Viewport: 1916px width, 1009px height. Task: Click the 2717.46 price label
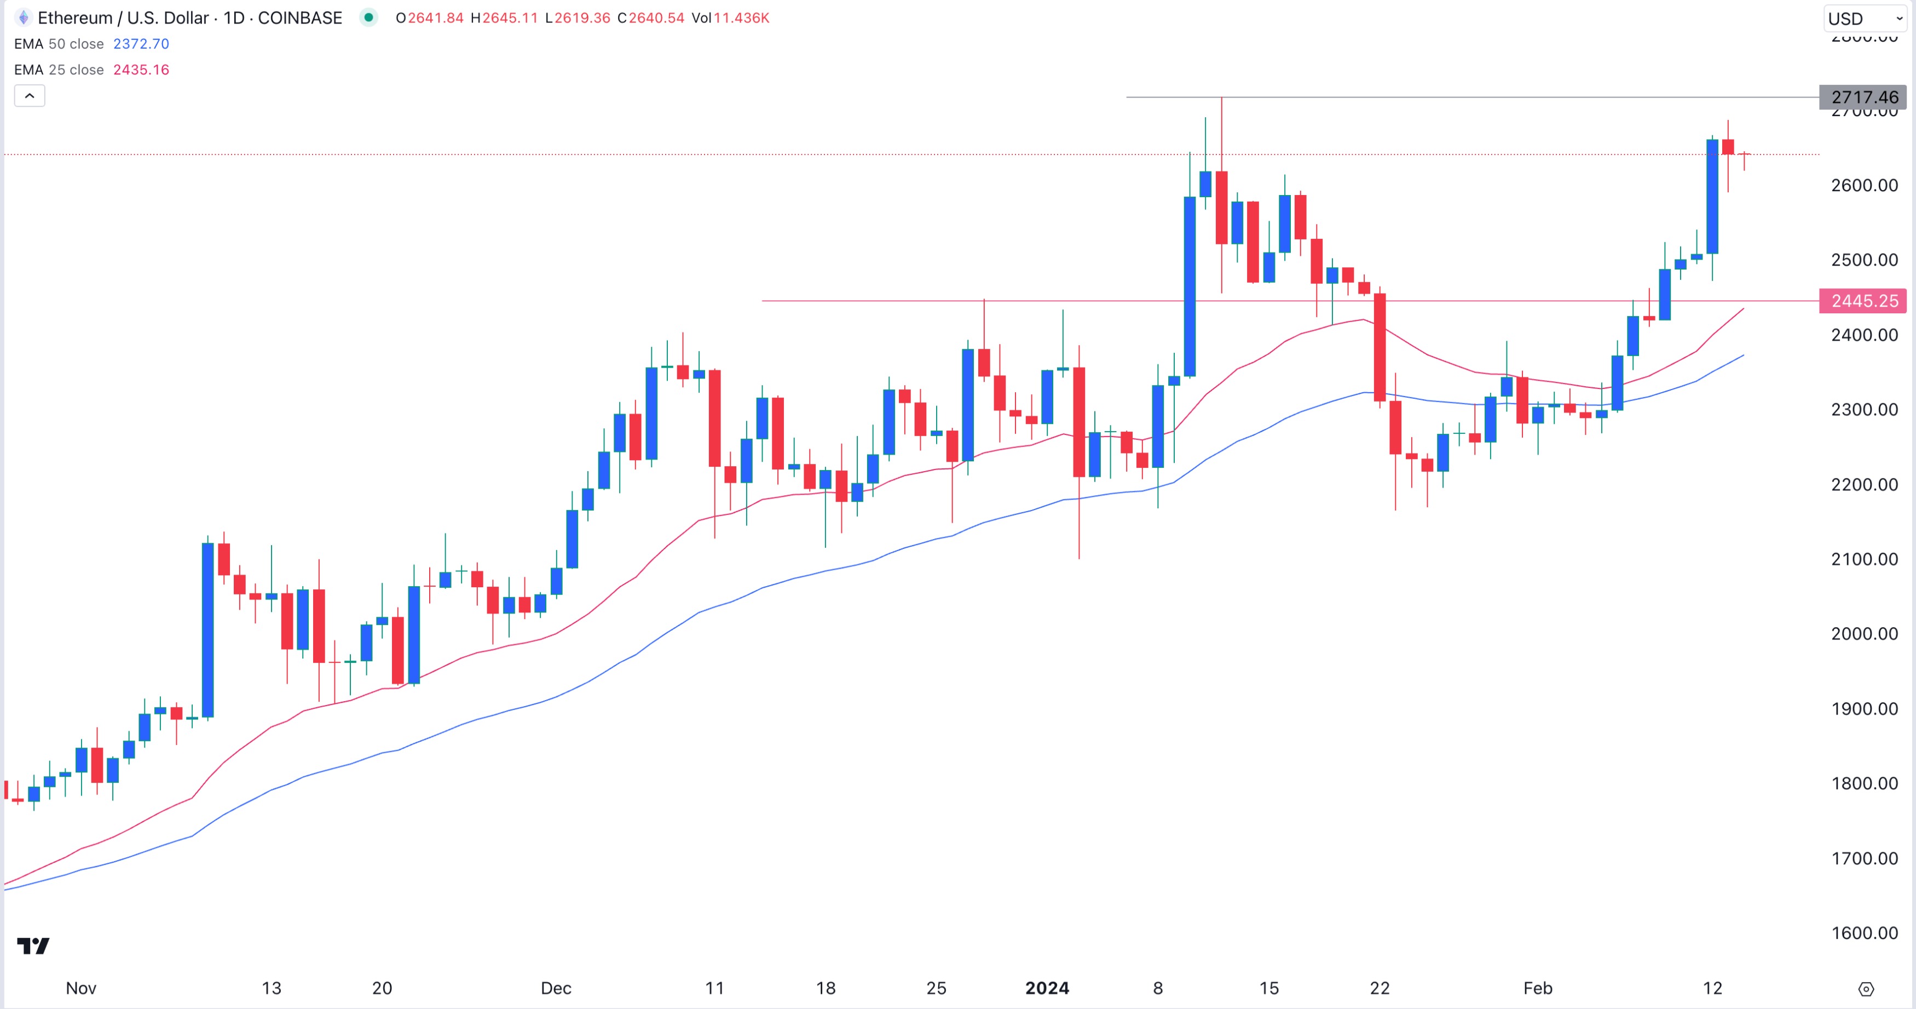[x=1864, y=98]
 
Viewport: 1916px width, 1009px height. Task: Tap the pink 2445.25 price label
[x=1864, y=301]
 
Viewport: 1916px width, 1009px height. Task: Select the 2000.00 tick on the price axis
[x=1864, y=634]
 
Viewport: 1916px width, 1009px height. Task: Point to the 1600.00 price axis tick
[x=1864, y=933]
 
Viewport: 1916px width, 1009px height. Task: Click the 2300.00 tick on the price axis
[x=1864, y=409]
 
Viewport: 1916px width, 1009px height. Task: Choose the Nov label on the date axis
[x=80, y=988]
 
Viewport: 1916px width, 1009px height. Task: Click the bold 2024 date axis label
[x=1047, y=988]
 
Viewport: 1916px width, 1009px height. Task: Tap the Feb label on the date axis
[x=1537, y=988]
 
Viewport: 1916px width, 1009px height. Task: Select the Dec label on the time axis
[x=556, y=988]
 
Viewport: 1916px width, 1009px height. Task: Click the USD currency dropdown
[x=1864, y=19]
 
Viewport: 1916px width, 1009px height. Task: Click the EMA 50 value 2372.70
[x=141, y=44]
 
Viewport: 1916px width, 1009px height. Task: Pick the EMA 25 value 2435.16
[x=141, y=70]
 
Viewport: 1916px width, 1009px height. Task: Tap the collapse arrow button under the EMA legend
[x=30, y=96]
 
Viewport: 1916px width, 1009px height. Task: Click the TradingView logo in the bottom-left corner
[x=33, y=946]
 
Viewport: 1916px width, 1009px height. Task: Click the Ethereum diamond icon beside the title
[x=24, y=18]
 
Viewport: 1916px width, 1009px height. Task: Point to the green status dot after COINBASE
[x=368, y=17]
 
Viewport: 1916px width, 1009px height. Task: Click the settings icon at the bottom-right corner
[x=1866, y=989]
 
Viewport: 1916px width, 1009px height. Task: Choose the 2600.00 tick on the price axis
[x=1864, y=185]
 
